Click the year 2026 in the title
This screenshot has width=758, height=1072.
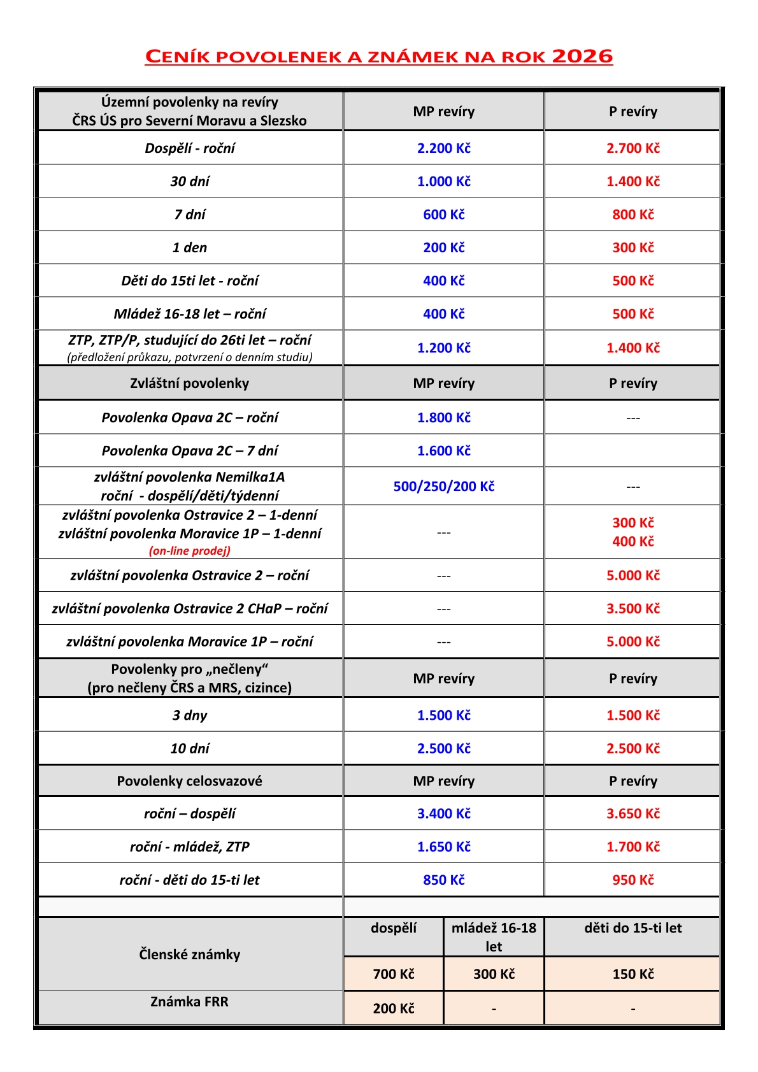(582, 56)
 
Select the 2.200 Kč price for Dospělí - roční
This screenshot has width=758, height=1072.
(444, 148)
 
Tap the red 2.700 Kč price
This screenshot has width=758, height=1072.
(633, 148)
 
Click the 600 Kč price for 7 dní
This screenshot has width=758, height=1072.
(444, 215)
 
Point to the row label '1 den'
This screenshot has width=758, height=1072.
(190, 248)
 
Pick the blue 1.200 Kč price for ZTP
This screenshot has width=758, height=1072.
(444, 348)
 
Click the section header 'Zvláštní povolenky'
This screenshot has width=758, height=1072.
(190, 383)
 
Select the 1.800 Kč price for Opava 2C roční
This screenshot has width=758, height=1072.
(444, 418)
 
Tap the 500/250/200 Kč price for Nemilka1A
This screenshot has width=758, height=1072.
(444, 487)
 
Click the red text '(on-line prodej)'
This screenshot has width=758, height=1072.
(190, 550)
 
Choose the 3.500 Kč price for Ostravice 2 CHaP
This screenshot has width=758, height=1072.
(633, 608)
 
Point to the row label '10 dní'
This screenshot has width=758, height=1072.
(190, 748)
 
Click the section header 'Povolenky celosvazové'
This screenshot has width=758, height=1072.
(190, 781)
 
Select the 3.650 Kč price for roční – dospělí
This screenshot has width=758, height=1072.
(633, 813)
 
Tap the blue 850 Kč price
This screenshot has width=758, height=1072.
(444, 880)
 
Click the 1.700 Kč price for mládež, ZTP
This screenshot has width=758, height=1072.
(633, 847)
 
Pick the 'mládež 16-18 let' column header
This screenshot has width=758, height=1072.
(494, 936)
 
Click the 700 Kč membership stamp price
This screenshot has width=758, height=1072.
(394, 974)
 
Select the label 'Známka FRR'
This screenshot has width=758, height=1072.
(190, 1001)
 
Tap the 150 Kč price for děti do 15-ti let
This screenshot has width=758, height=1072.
(633, 974)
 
